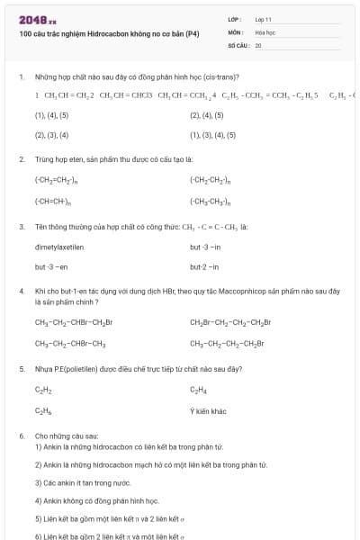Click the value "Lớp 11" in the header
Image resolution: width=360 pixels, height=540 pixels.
263,18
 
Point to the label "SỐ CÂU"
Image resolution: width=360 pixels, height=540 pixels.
238,44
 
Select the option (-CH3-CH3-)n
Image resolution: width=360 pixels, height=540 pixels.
211,202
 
